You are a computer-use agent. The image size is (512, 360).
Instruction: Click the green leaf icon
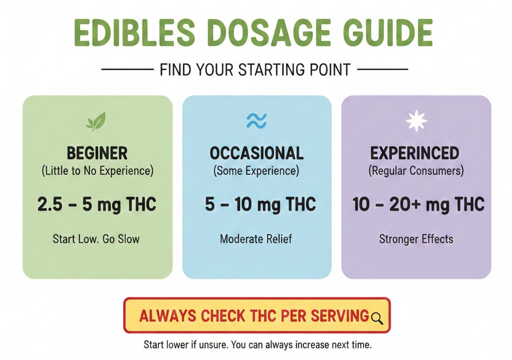[96, 121]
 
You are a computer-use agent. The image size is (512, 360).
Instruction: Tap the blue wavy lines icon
[257, 121]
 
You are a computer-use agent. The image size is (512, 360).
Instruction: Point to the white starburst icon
[416, 121]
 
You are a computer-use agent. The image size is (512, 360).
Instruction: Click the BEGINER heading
[97, 153]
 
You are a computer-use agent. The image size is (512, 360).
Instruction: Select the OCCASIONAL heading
[257, 153]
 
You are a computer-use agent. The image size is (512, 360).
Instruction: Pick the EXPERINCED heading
[415, 153]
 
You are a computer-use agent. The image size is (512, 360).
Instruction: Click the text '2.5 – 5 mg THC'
[97, 205]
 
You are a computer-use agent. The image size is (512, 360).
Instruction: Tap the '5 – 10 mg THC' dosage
[260, 205]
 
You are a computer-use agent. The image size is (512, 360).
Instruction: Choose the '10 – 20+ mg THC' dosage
[418, 205]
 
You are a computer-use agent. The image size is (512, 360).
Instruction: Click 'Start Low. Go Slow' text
[96, 239]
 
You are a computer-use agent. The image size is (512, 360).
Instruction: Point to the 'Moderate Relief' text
[256, 239]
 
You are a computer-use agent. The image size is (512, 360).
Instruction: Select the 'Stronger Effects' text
[416, 239]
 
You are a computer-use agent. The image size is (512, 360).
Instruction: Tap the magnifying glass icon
[377, 318]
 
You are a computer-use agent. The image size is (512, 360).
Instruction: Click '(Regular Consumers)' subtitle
[416, 171]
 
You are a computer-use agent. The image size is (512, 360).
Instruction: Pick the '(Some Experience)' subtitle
[256, 171]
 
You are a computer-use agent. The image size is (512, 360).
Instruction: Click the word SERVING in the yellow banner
[340, 316]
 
